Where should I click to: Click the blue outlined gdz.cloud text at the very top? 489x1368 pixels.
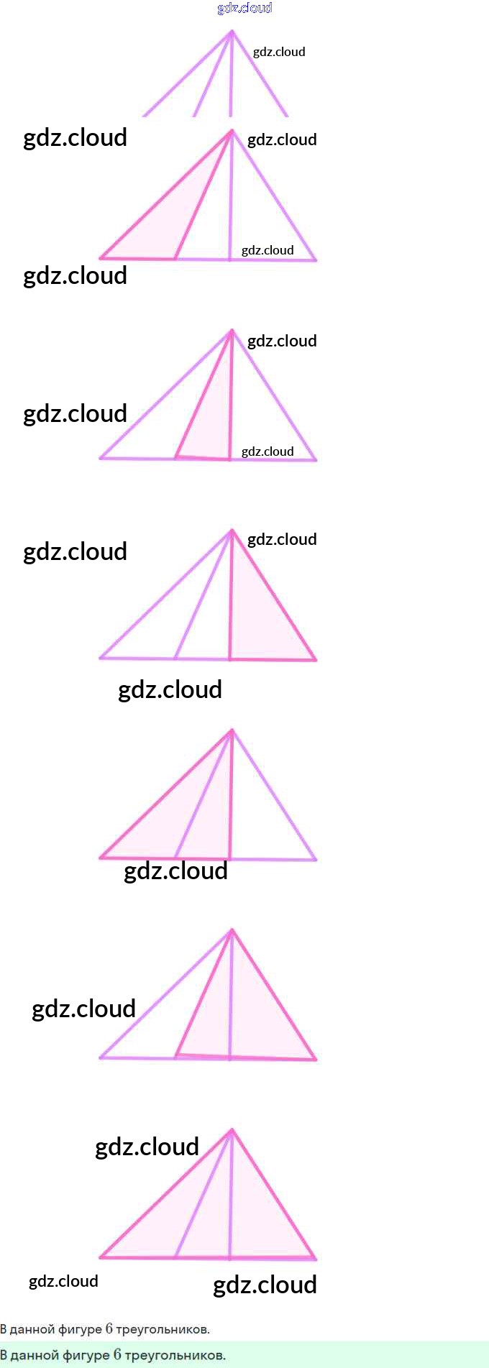[244, 8]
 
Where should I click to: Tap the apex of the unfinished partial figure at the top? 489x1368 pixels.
[232, 30]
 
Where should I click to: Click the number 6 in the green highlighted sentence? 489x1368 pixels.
[117, 1354]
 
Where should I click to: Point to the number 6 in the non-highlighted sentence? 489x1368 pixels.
[109, 1328]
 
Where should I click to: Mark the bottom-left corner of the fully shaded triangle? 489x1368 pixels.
[101, 1257]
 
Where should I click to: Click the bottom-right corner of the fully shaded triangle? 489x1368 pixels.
[316, 1259]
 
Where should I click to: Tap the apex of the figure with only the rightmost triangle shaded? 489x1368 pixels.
[232, 531]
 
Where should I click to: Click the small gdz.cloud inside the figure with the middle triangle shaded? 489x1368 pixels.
[268, 451]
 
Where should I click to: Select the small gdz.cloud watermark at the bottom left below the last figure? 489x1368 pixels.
[63, 1282]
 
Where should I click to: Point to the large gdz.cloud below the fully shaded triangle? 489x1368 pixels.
[265, 1285]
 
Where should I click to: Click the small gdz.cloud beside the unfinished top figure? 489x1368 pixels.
[279, 52]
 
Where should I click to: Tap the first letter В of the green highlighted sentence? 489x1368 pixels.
[4, 1355]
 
